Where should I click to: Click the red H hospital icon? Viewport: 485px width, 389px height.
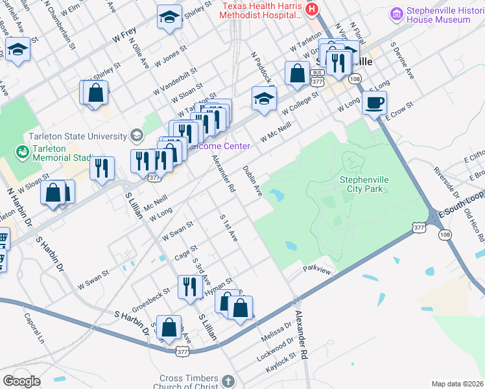pos(313,9)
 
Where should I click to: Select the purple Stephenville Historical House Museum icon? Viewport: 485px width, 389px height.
pos(397,13)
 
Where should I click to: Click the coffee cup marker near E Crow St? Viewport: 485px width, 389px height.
pos(373,102)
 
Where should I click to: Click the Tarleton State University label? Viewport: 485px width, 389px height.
pos(77,136)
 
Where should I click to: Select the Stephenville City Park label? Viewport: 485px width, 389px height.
pos(363,184)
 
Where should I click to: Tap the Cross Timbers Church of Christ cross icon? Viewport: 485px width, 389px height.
pos(228,381)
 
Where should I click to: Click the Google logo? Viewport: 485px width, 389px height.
pos(21,381)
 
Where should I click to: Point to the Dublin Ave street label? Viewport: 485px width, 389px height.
pos(252,181)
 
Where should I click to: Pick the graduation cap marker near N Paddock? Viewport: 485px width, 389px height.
pos(264,99)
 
